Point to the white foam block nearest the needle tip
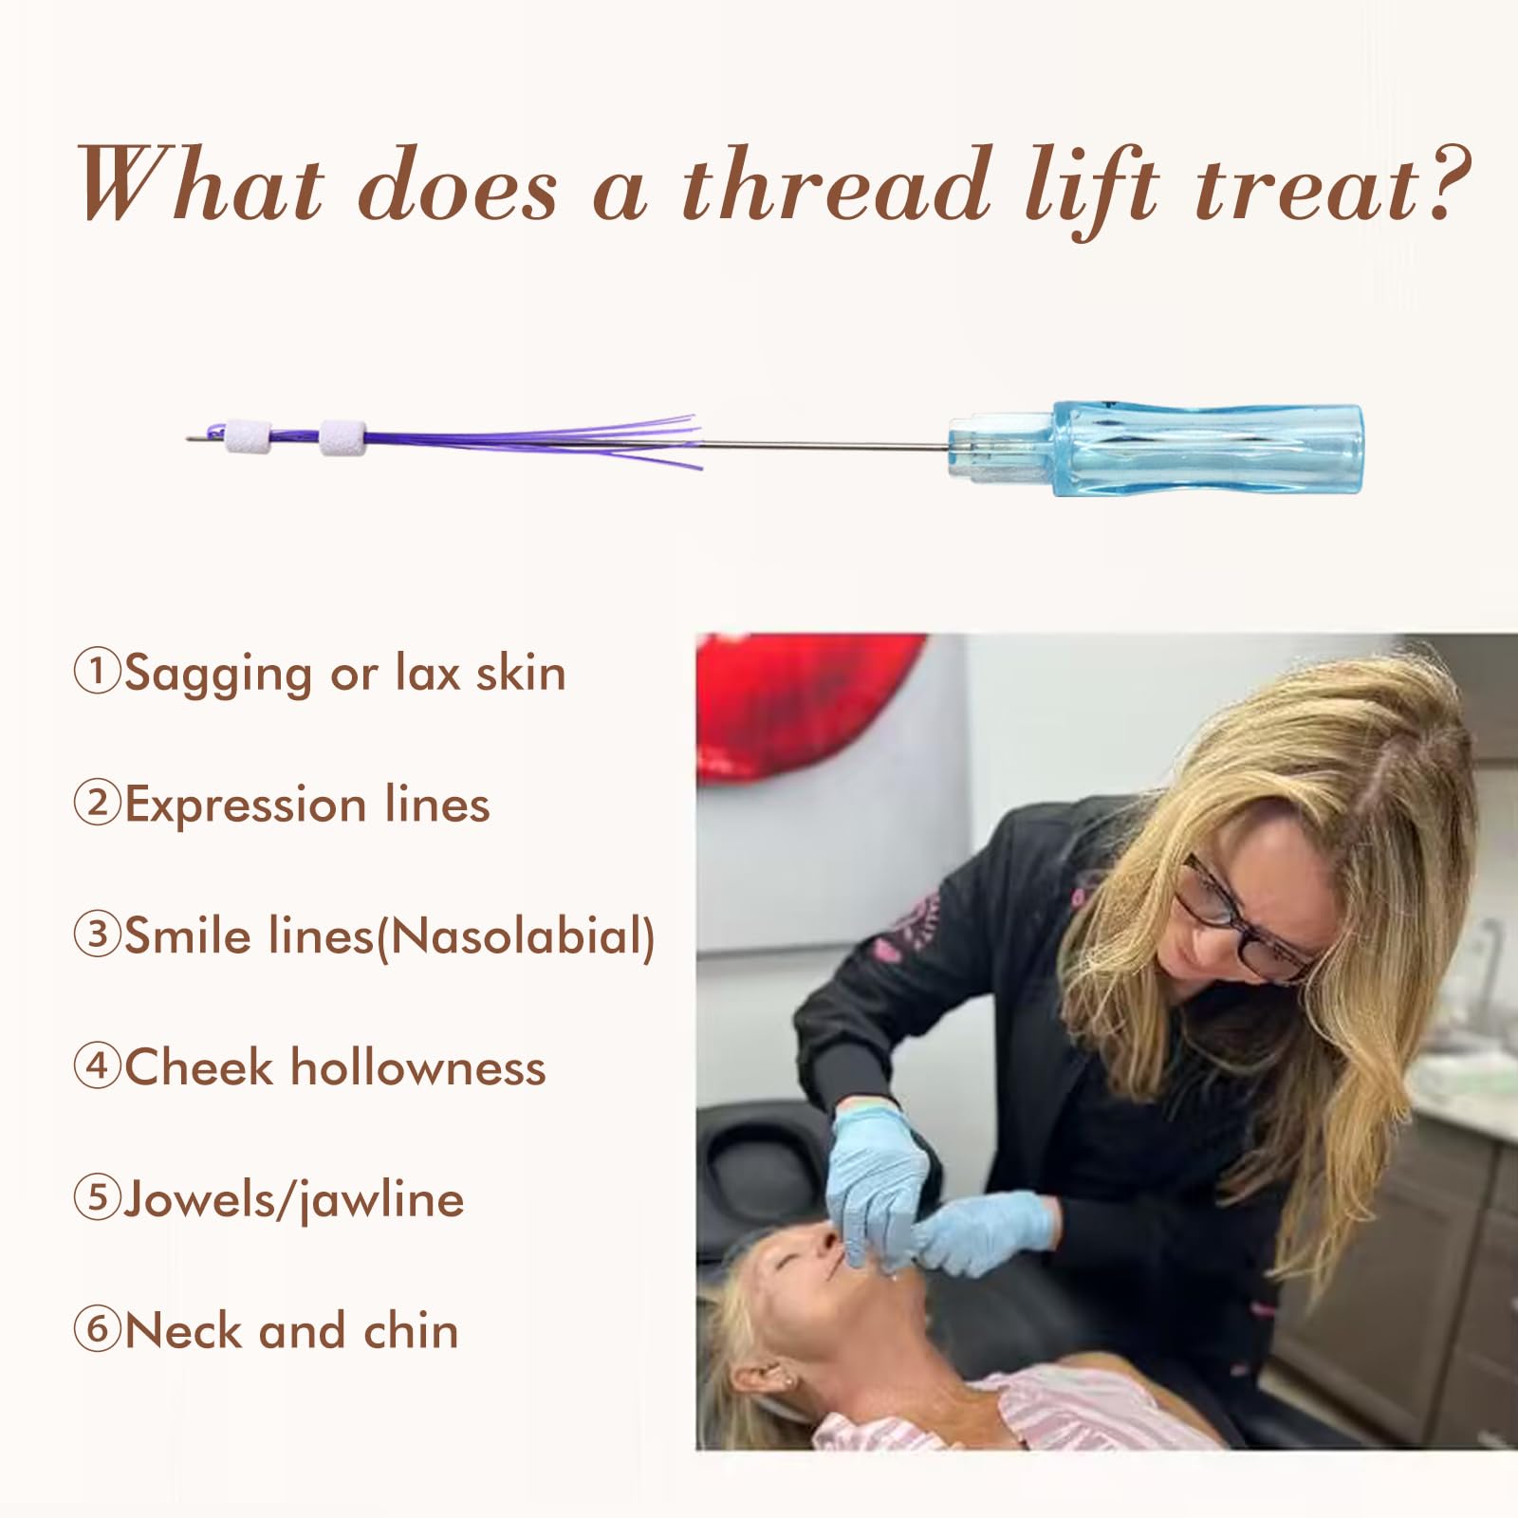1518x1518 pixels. pos(247,436)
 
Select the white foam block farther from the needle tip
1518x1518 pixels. pos(342,436)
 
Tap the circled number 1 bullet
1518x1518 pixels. pos(97,672)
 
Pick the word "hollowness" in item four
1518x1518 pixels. pos(418,1067)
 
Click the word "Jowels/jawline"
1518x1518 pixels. pos(294,1201)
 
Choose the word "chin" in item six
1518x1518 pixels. pos(411,1330)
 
